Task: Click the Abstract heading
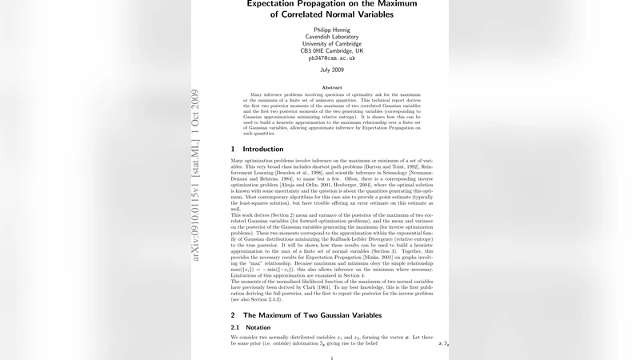tap(331, 87)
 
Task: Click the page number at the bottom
tap(331, 358)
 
